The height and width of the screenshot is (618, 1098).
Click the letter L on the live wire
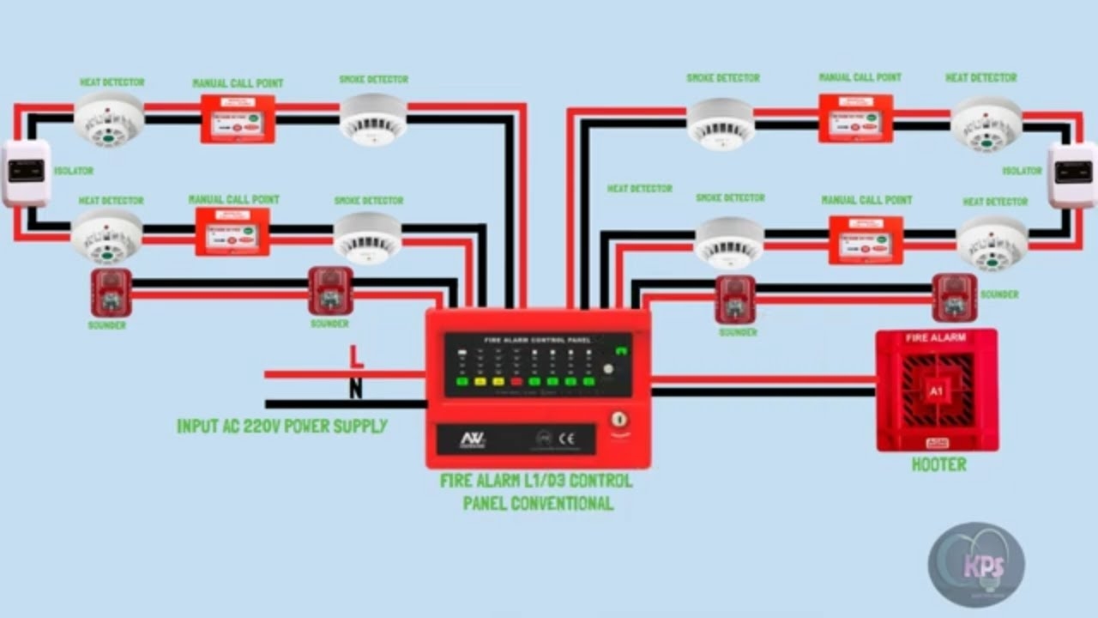356,356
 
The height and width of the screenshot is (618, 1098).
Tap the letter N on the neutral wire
355,389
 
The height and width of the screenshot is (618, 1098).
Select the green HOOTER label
938,464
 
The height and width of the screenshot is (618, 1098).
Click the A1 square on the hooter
936,391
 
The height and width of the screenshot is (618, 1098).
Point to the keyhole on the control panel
618,420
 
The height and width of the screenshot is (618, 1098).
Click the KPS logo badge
976,565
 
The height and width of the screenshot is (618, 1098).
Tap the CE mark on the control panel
567,438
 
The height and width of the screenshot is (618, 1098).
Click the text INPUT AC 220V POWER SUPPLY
281,426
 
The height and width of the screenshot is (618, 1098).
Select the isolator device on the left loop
26,172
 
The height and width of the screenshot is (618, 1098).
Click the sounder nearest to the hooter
954,297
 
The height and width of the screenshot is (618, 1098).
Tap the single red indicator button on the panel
516,381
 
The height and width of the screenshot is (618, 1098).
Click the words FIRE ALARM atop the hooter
936,338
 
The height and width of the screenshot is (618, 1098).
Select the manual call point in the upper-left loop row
238,118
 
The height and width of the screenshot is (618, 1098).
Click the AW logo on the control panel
473,439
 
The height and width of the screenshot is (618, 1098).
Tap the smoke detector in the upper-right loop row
721,122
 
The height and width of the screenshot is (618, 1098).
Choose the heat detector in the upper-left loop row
109,118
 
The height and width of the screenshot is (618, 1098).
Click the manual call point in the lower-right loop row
866,239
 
